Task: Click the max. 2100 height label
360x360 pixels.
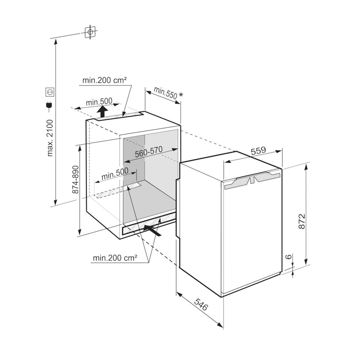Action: (x=50, y=138)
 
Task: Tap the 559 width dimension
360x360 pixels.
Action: (x=258, y=151)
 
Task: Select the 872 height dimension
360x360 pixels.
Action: (x=302, y=221)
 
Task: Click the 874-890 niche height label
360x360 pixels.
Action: (x=75, y=180)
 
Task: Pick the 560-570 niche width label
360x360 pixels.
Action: (x=149, y=152)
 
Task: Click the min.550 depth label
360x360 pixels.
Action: (x=165, y=93)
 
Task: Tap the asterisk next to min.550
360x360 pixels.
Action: (x=181, y=94)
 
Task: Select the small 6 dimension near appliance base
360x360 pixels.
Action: (x=289, y=256)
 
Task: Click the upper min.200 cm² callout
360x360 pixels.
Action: (x=104, y=80)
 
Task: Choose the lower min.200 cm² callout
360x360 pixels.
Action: (x=115, y=258)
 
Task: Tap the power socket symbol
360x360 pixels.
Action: (x=50, y=92)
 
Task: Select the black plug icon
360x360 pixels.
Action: (x=49, y=105)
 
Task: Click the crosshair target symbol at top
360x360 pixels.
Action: (x=90, y=32)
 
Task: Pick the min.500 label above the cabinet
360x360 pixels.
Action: (x=99, y=102)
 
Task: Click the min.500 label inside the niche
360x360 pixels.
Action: (x=115, y=174)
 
